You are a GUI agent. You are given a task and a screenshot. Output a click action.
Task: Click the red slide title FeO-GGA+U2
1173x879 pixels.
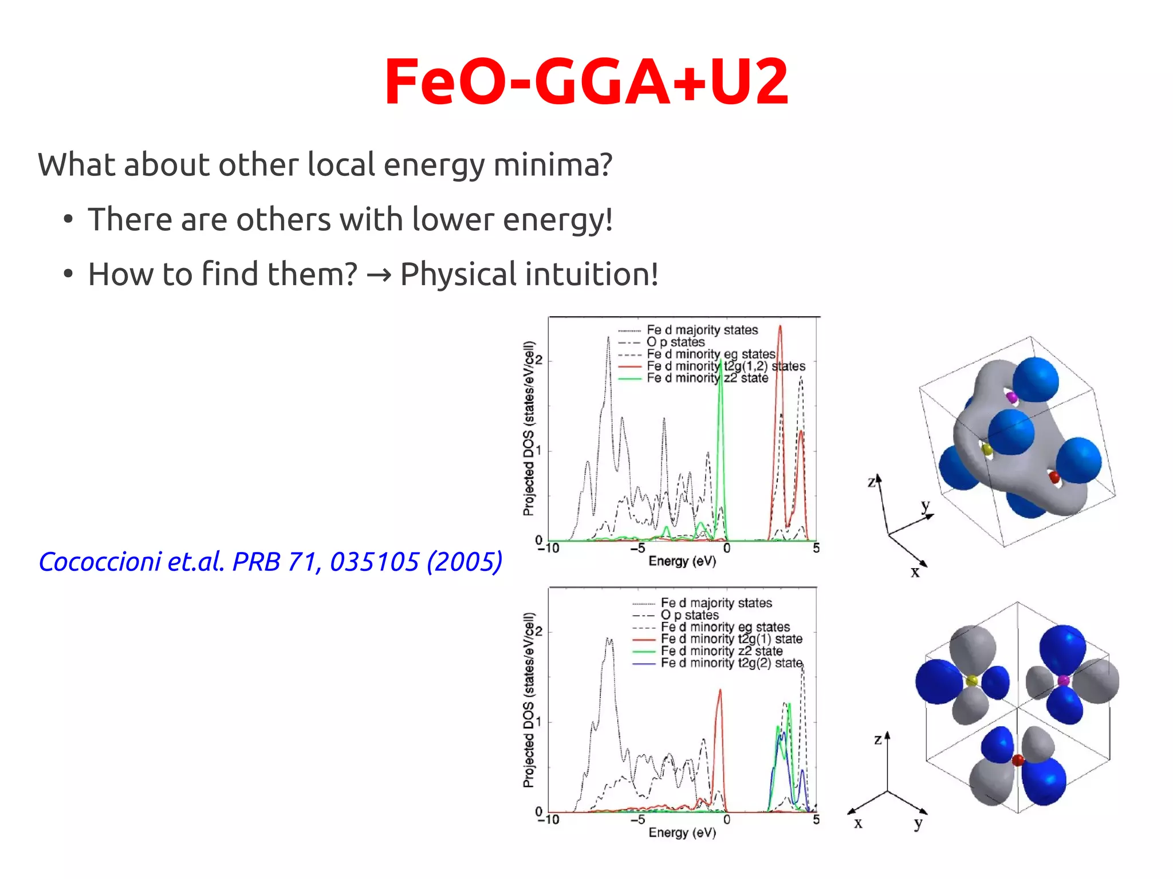click(x=586, y=81)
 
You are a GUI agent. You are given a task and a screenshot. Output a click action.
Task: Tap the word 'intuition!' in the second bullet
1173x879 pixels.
click(x=601, y=274)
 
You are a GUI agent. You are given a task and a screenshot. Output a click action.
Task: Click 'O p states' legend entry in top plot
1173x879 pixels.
click(x=675, y=342)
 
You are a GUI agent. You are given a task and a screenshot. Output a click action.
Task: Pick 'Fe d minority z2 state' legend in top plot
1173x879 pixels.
click(x=707, y=378)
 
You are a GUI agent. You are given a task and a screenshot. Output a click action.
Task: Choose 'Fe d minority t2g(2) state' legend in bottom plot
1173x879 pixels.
click(x=731, y=663)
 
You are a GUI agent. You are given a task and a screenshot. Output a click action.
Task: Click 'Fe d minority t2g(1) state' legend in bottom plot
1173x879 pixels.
click(x=731, y=638)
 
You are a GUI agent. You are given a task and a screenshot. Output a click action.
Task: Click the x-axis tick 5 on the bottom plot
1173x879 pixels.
click(x=816, y=819)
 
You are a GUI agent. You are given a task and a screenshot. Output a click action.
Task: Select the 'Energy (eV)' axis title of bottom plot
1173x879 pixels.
click(x=682, y=833)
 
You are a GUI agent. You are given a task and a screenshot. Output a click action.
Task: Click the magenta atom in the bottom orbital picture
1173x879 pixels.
click(x=1063, y=681)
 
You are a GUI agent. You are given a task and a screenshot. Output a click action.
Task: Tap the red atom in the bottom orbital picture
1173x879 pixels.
click(x=1018, y=760)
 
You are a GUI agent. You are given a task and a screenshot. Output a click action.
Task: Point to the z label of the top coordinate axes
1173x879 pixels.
click(x=872, y=482)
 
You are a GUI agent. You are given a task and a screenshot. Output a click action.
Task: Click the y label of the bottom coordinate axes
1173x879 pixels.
click(x=918, y=823)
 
